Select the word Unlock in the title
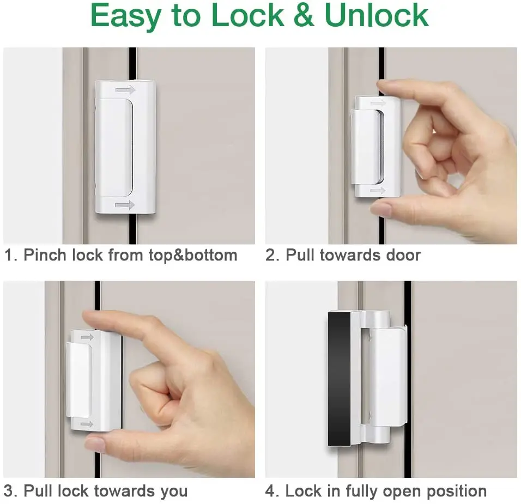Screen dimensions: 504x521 pos(376,16)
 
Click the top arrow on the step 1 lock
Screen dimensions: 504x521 pos(125,89)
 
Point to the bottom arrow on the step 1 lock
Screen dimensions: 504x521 pos(125,205)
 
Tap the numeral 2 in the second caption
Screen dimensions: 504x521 pos(270,255)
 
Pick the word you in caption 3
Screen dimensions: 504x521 pos(174,491)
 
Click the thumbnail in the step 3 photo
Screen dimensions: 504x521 pos(96,444)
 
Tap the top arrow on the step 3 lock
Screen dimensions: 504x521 pos(87,337)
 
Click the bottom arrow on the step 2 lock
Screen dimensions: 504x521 pos(377,191)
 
